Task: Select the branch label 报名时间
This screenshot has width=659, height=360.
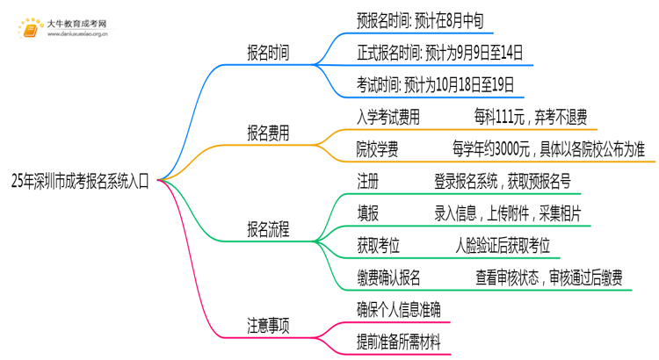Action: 268,54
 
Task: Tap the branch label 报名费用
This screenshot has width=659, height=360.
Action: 268,133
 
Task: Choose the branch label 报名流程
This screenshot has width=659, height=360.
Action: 268,230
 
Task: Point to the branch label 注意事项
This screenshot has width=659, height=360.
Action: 268,325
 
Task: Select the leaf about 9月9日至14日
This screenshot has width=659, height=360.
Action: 440,54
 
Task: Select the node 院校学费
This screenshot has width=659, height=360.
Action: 378,149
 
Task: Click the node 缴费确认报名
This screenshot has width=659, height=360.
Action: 388,278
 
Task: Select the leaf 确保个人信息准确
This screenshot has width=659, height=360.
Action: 399,310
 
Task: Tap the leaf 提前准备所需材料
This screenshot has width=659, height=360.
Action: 399,342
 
